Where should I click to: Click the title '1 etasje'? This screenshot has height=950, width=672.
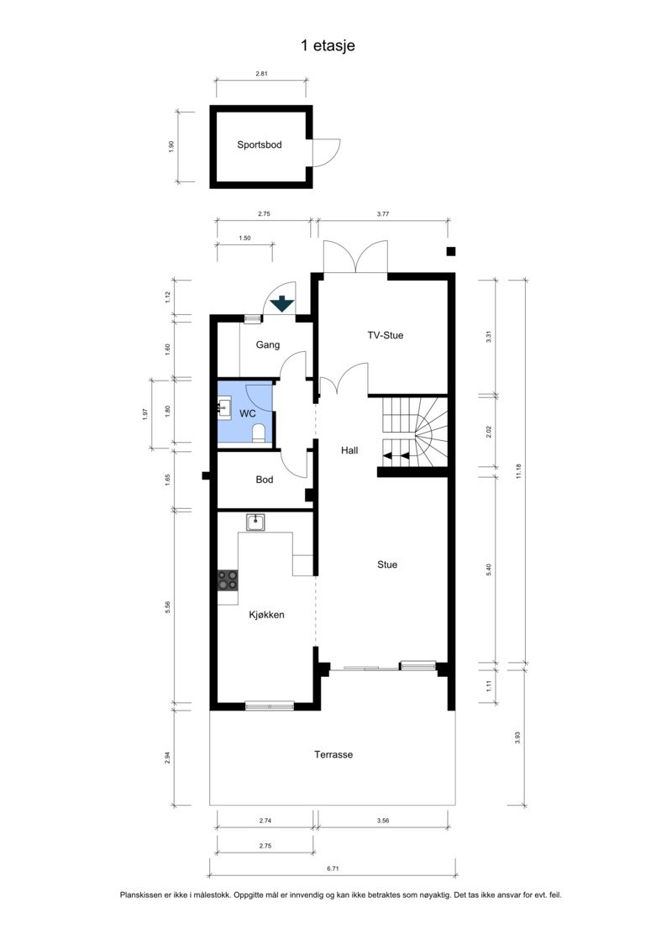click(x=328, y=45)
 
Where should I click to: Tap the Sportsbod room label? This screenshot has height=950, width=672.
click(x=259, y=144)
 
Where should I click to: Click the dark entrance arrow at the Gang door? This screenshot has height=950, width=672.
click(x=281, y=303)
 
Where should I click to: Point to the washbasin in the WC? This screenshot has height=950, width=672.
click(x=223, y=409)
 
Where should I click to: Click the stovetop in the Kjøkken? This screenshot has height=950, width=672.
click(x=228, y=580)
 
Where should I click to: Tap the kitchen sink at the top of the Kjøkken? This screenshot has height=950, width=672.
click(x=255, y=522)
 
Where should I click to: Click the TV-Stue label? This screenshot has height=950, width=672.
click(x=385, y=335)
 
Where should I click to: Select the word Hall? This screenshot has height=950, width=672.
click(x=349, y=450)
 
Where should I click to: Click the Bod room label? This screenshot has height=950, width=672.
click(x=265, y=480)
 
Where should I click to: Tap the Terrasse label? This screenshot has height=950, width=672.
click(x=333, y=754)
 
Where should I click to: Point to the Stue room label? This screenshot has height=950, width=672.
click(x=386, y=564)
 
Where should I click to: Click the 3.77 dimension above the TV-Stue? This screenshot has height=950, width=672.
click(x=383, y=214)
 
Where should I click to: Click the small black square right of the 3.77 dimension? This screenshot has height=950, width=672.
click(x=451, y=251)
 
